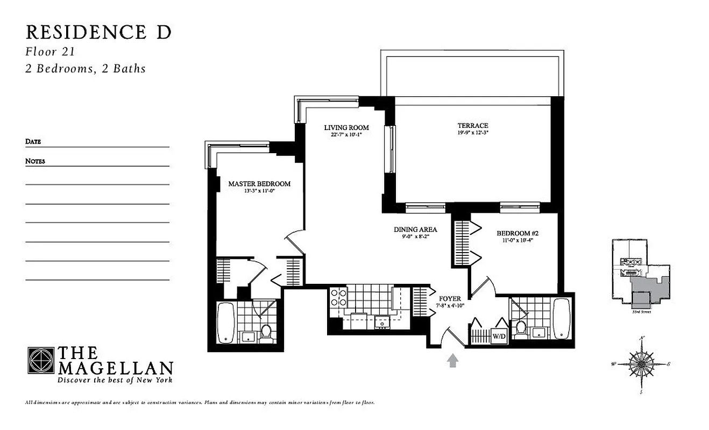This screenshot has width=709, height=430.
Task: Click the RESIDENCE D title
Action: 98,32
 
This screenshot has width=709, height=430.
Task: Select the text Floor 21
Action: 49,52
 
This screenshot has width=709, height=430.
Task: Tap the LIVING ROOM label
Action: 346,127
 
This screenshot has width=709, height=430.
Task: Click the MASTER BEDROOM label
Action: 259,184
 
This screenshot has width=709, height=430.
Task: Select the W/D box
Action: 499,337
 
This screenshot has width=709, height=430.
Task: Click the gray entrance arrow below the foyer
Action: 452,360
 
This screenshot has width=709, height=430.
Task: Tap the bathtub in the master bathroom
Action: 225,323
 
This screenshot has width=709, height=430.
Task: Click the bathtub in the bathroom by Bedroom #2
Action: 561,318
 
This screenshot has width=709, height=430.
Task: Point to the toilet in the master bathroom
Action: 266,333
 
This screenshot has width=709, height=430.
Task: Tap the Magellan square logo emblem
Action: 40,360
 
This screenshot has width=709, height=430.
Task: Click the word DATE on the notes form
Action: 33,142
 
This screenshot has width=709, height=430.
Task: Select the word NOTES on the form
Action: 35,161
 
